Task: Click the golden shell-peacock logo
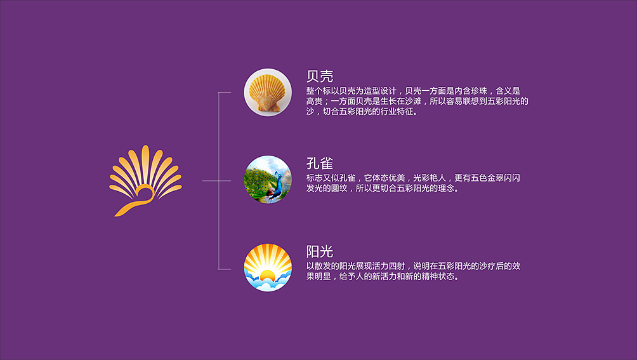coord(145,181)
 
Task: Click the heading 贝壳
coord(320,76)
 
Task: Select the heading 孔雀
coord(320,163)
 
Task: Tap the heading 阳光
coord(320,251)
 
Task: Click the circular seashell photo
coord(268,92)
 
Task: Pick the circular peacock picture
coord(268,179)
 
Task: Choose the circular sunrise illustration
coord(268,267)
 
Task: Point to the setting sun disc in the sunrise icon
coord(267,276)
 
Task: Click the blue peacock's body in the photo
coord(278,188)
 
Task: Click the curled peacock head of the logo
coord(145,192)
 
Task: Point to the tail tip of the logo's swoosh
coord(115,216)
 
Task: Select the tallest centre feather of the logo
coord(145,163)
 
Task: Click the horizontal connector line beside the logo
coord(216,181)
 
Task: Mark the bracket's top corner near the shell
coord(218,93)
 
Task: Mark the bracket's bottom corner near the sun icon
coord(218,269)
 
